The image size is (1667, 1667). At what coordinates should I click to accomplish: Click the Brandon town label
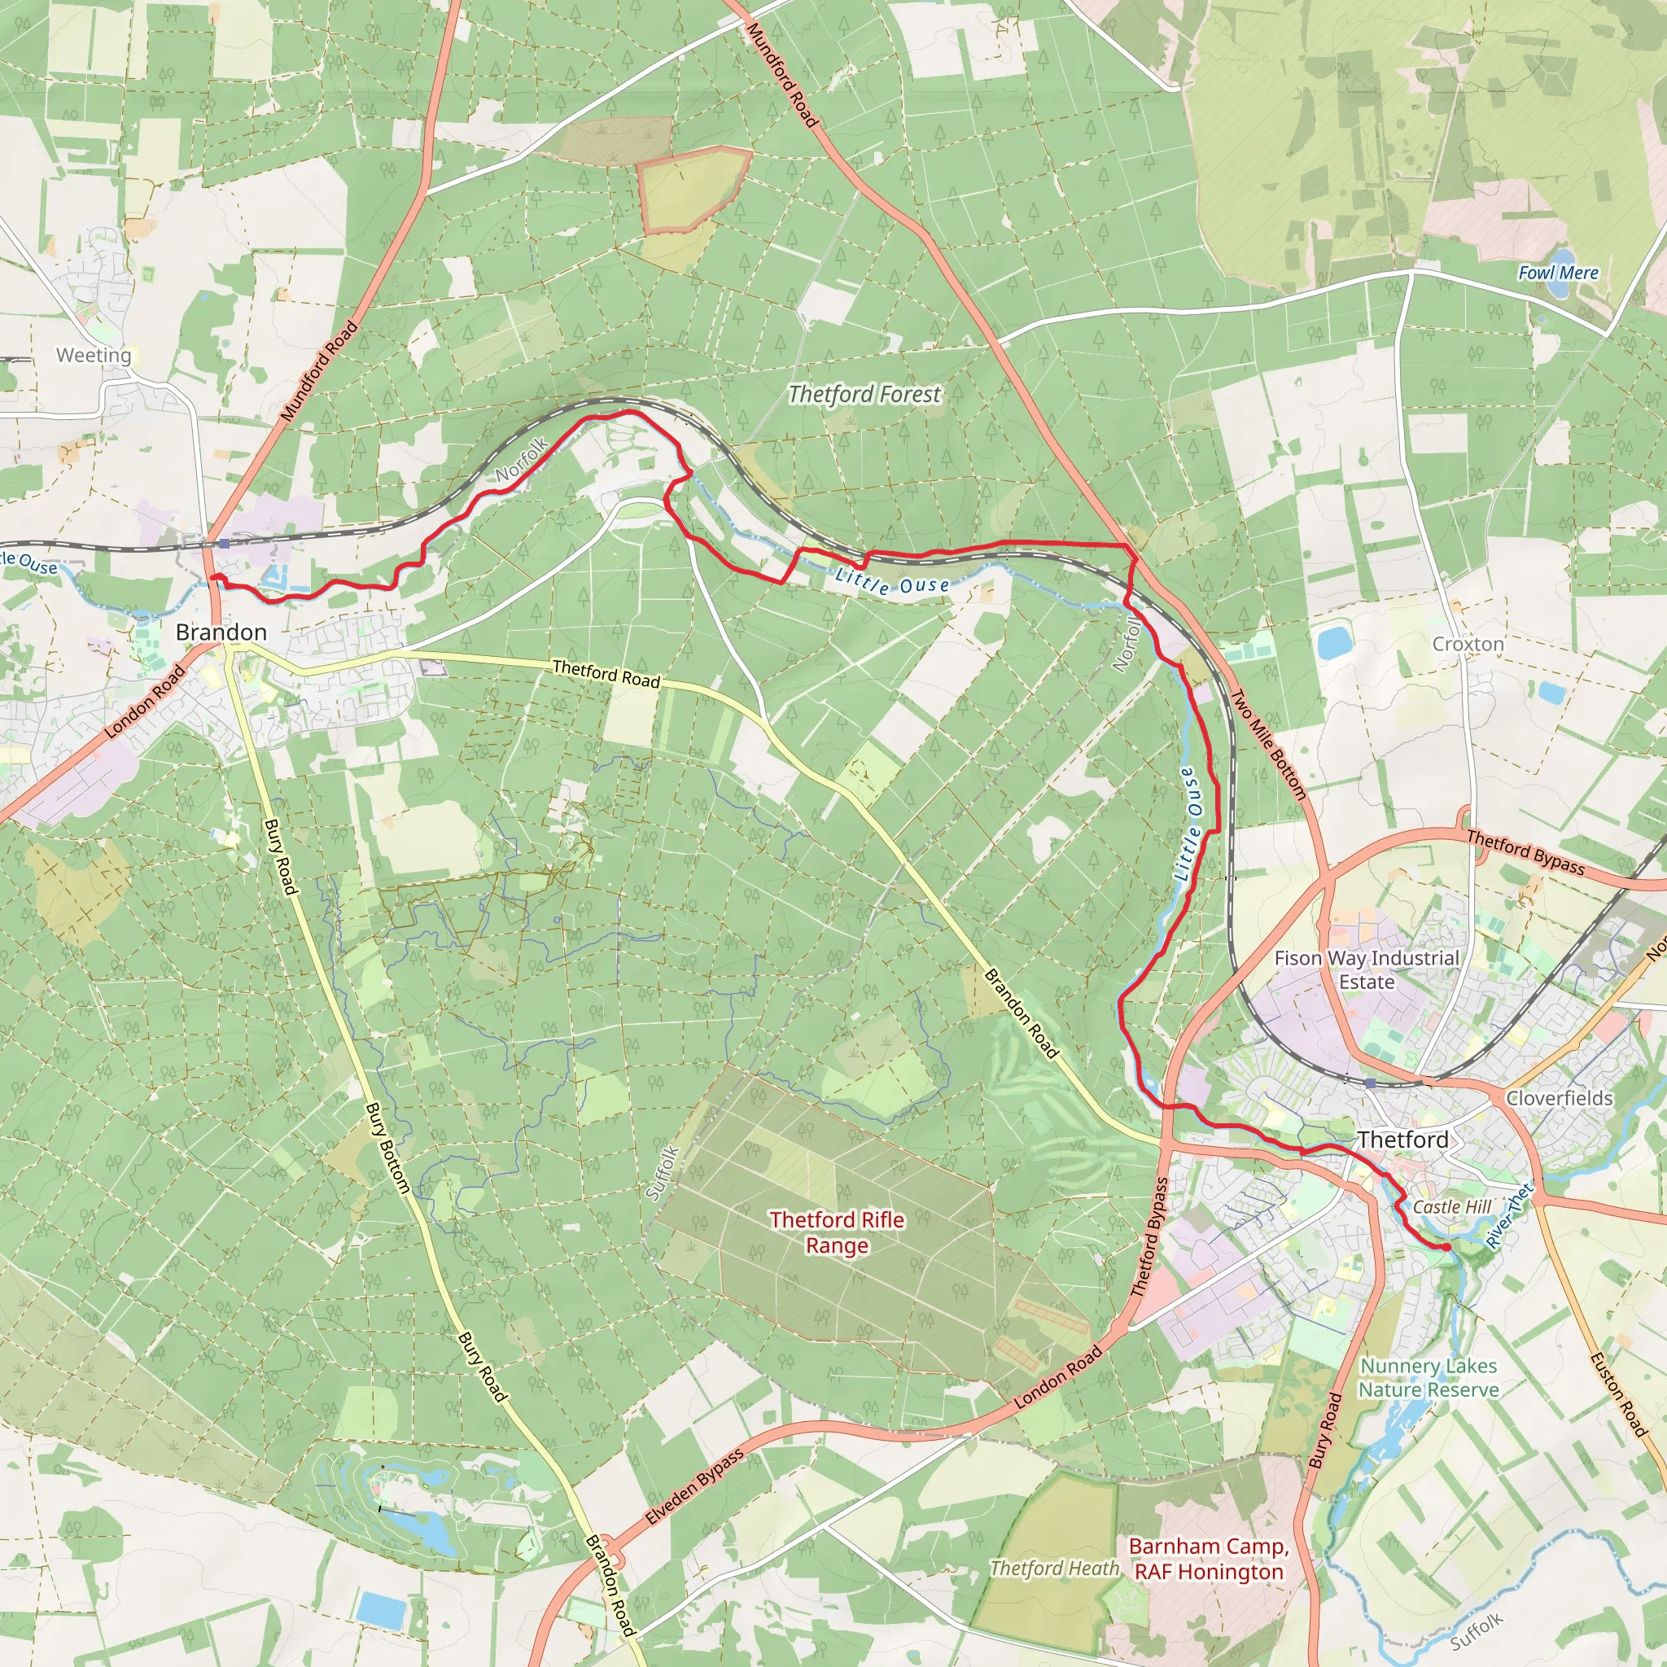click(221, 632)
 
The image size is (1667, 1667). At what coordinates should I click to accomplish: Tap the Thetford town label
click(1403, 1140)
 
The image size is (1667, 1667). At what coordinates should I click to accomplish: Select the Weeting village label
click(94, 356)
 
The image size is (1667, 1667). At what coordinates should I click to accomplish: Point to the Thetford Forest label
click(864, 394)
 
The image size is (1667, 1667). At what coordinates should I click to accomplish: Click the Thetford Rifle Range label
click(837, 1232)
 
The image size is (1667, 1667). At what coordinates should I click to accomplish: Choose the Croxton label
click(1468, 645)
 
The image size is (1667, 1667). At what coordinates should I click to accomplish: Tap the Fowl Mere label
click(1558, 273)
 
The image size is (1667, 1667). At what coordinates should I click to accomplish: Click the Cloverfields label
click(1559, 1098)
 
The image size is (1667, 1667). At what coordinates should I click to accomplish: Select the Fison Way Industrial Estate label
click(1367, 969)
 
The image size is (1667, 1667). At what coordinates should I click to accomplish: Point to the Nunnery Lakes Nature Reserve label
click(1429, 1378)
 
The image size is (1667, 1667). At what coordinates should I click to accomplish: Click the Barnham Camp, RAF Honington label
click(1209, 1559)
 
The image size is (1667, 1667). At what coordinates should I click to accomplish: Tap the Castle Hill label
click(1452, 1207)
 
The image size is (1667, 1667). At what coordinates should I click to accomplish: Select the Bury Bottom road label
click(387, 1149)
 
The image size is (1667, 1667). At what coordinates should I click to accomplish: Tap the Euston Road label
click(1619, 1395)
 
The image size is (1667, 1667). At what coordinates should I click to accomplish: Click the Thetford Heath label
click(1054, 1569)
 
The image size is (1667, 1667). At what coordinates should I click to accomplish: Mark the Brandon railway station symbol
click(225, 544)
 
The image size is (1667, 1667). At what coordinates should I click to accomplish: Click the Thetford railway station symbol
click(1370, 1083)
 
